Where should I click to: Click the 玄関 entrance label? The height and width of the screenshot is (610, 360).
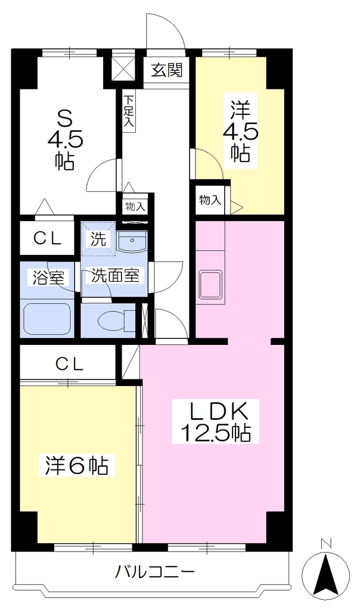click(x=166, y=70)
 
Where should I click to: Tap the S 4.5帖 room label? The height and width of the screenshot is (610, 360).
click(x=65, y=138)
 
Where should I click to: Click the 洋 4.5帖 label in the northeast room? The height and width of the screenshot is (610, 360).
click(x=240, y=130)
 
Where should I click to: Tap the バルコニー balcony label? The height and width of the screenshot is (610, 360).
click(x=155, y=572)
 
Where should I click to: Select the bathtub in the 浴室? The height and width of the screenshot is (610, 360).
click(x=47, y=319)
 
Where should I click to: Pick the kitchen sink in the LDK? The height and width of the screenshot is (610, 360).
click(x=210, y=284)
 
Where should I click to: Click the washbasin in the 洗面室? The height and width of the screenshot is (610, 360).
click(x=132, y=242)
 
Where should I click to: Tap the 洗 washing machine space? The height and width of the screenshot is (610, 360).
click(x=98, y=238)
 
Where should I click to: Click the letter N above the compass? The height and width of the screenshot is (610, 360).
click(x=326, y=543)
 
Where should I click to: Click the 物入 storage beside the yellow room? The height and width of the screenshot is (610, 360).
click(x=210, y=200)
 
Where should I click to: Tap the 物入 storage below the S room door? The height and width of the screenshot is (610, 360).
click(x=135, y=206)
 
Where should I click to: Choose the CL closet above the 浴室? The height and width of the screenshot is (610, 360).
click(x=47, y=238)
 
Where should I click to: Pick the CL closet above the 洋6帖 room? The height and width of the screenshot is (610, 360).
click(x=69, y=364)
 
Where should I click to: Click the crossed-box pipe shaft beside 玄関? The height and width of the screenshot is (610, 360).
click(x=123, y=69)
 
